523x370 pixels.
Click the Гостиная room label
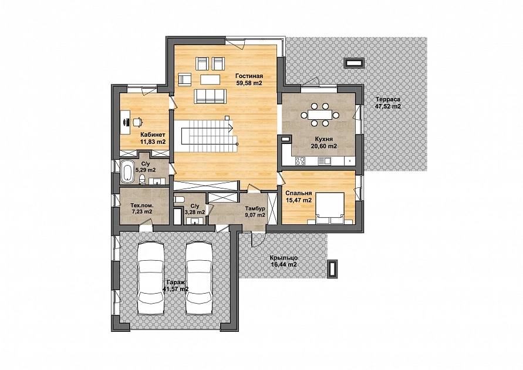(249, 76)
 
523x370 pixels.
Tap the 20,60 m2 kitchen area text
(323, 146)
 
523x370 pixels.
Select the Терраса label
(388, 99)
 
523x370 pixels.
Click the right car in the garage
(199, 278)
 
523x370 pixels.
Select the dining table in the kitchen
(320, 115)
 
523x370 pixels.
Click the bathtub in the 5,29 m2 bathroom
(127, 172)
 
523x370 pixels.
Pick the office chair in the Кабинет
(137, 122)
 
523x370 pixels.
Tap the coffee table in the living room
(210, 80)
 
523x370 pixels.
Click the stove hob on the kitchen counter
(300, 161)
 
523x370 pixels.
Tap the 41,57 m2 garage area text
(176, 289)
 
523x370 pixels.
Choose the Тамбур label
(255, 208)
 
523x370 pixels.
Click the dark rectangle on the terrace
(354, 63)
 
